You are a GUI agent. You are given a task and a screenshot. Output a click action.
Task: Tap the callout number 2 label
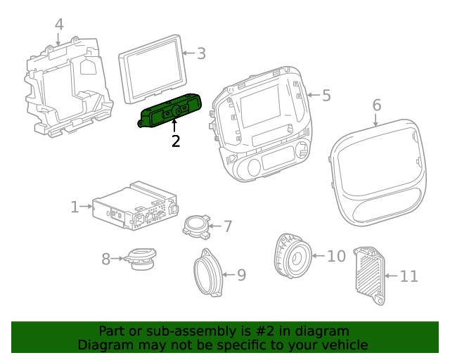(x=176, y=141)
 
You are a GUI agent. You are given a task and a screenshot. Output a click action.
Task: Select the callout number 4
(x=59, y=25)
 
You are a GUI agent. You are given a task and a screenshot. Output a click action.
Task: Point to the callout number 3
(x=201, y=53)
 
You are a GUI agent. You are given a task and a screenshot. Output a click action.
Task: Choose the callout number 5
(x=326, y=95)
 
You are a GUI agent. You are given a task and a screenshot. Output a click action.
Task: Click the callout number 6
(x=377, y=105)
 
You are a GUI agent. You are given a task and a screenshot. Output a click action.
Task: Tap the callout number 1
(x=75, y=207)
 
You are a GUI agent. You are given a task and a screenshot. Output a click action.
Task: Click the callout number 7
(x=227, y=226)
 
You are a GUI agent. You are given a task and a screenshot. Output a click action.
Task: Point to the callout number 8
(x=106, y=259)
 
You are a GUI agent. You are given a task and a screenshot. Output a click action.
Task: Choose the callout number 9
(x=241, y=275)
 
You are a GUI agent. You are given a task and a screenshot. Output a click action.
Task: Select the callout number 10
(x=337, y=256)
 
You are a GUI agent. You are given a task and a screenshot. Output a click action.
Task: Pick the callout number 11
(x=409, y=276)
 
